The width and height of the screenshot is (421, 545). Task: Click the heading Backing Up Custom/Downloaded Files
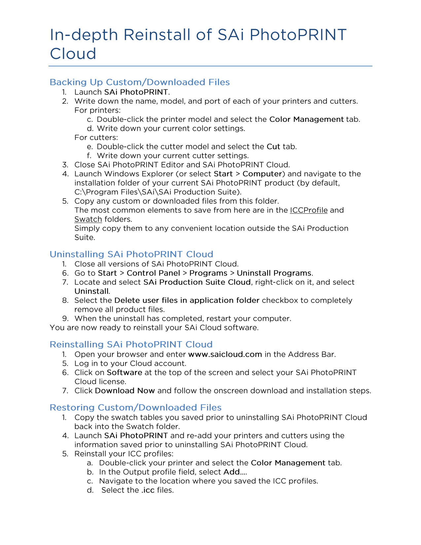tap(140, 82)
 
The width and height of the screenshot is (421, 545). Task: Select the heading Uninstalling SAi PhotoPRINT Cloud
tap(131, 254)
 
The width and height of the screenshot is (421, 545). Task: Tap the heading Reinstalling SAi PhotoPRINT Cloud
tap(131, 345)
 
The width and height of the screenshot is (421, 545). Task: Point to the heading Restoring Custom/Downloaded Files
tap(135, 408)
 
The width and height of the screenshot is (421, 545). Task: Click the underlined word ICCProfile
tap(309, 210)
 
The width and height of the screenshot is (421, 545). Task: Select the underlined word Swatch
tap(88, 219)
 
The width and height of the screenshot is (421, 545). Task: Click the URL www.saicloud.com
tap(225, 354)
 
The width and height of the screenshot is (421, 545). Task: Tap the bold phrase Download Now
tap(125, 391)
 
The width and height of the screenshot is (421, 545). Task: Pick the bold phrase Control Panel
tap(153, 273)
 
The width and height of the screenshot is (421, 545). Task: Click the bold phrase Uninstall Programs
tap(274, 273)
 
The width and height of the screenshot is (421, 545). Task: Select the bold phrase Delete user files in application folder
tap(187, 301)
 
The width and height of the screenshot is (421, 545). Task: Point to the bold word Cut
tap(273, 147)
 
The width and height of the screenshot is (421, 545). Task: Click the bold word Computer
tap(262, 174)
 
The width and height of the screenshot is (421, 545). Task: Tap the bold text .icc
tap(148, 490)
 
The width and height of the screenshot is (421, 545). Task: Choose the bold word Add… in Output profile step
tap(235, 472)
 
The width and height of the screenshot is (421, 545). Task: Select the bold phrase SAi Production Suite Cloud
tap(197, 282)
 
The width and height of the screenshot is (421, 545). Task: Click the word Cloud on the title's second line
tap(73, 54)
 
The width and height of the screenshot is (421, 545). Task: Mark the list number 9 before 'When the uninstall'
tap(65, 319)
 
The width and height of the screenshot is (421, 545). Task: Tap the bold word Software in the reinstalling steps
tap(124, 373)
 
